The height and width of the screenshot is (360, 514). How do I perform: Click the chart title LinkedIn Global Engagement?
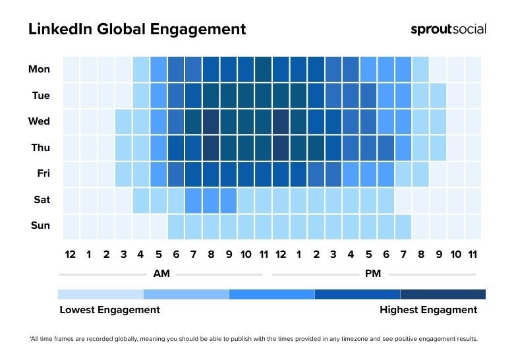tap(137, 30)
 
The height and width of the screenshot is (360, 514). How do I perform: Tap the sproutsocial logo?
tap(448, 29)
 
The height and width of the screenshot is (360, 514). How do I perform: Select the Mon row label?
tap(40, 69)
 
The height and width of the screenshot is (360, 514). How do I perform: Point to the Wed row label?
tap(40, 121)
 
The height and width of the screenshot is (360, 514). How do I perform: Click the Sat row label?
tap(41, 199)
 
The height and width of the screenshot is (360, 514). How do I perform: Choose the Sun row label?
tap(40, 225)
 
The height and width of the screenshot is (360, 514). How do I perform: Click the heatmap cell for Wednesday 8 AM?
tap(211, 121)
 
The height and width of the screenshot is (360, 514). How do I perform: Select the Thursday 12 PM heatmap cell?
tap(281, 148)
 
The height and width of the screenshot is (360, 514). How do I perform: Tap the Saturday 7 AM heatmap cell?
tap(193, 200)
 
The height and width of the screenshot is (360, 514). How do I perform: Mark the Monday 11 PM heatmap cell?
tap(472, 69)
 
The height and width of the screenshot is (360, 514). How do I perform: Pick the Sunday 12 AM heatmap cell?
tap(71, 225)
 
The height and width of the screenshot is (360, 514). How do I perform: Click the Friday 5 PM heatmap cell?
tap(368, 174)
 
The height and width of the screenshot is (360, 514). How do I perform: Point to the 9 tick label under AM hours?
tap(228, 255)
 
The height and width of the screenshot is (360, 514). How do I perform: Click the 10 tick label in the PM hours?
tap(455, 255)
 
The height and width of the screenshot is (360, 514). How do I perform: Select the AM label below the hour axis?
tap(161, 274)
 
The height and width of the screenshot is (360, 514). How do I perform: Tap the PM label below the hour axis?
tap(372, 274)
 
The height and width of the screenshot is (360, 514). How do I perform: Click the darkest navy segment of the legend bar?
tap(443, 294)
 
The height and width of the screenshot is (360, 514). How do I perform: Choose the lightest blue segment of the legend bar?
tap(100, 294)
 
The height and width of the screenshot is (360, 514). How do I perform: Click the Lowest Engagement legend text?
tap(109, 310)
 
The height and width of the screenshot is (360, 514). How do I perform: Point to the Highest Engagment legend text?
tap(428, 310)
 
